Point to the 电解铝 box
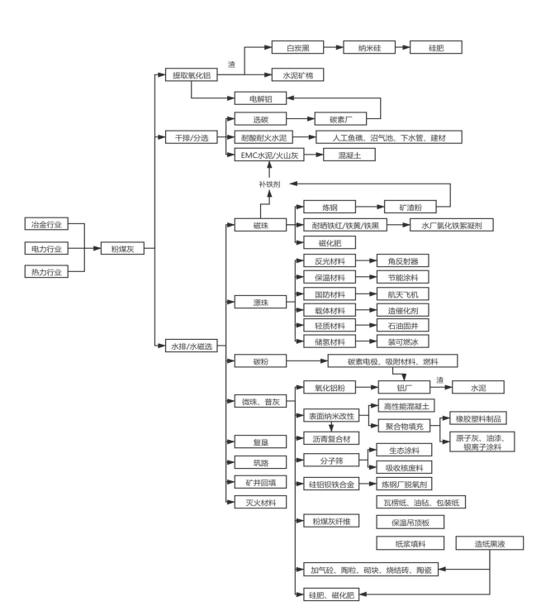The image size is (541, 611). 261,98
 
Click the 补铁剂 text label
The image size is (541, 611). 269,183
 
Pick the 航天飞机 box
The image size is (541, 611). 403,294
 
